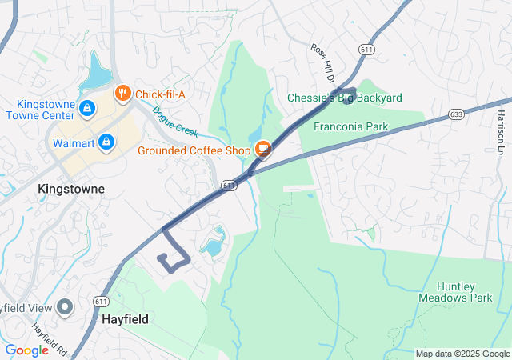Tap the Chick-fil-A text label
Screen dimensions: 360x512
(160, 94)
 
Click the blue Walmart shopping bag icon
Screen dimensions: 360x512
(106, 143)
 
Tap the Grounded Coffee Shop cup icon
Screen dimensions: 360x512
(262, 150)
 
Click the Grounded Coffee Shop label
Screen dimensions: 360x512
(194, 150)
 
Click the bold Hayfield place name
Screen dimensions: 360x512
(125, 318)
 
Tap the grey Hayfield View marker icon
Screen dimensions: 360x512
(65, 307)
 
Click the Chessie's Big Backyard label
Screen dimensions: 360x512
(345, 98)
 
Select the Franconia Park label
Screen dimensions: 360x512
(350, 126)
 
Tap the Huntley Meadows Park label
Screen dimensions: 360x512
(465, 292)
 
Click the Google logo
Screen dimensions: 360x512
(26, 350)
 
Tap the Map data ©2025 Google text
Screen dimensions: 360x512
(462, 354)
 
